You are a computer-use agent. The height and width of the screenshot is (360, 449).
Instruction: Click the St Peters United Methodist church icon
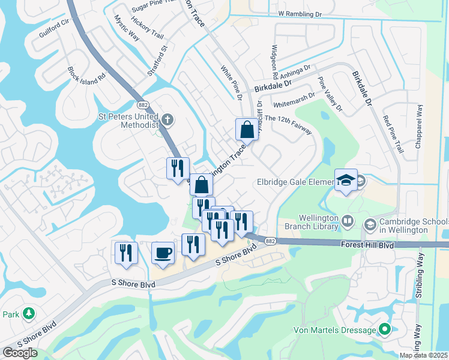167,119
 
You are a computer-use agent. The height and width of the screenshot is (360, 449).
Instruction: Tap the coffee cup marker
163,253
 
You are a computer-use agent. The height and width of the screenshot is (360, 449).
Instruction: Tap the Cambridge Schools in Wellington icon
370,224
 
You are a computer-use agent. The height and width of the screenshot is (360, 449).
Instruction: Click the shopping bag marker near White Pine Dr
247,128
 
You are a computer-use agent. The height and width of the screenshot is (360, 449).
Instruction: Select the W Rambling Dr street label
300,13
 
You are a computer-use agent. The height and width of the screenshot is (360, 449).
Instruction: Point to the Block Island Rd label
86,82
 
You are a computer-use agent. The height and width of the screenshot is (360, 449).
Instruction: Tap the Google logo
20,353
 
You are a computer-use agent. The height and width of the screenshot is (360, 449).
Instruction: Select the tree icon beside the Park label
28,314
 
